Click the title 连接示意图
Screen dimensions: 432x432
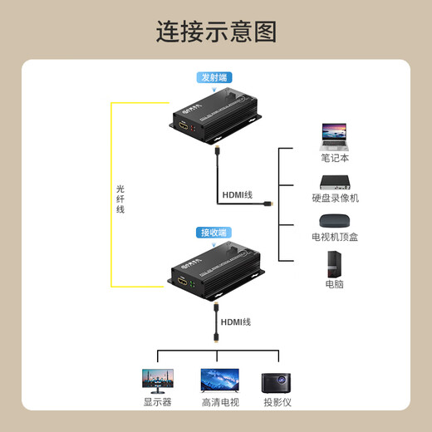[216, 32]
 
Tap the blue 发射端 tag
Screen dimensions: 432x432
[212, 78]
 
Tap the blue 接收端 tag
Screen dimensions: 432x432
[213, 233]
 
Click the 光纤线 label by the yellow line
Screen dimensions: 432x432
[121, 199]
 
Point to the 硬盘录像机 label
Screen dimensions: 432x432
[336, 198]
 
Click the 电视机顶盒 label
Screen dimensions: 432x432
[336, 237]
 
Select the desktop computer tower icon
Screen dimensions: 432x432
[336, 264]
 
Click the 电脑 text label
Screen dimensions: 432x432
[336, 285]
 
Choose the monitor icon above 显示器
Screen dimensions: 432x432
[158, 380]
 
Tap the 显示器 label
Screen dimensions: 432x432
[158, 402]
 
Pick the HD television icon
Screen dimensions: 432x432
[219, 380]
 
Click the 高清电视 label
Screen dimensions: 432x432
[219, 402]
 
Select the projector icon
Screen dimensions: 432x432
[277, 381]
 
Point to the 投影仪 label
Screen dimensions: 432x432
[277, 402]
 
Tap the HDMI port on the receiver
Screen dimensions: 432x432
[181, 285]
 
